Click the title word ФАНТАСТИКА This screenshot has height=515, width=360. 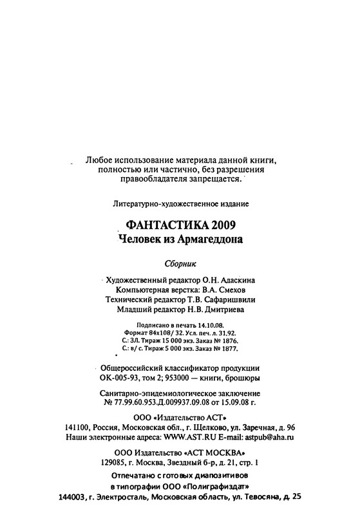pos(158,225)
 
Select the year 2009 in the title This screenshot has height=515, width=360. pos(220,225)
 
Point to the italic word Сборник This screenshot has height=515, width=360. pos(180,264)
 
